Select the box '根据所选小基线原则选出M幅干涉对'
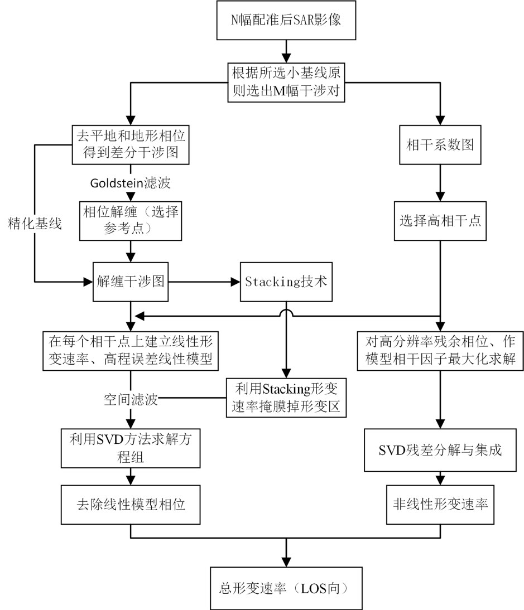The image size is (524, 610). click(286, 81)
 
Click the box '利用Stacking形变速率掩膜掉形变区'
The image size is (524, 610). click(286, 398)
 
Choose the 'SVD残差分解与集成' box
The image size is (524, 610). click(441, 450)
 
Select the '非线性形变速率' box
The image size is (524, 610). click(441, 504)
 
